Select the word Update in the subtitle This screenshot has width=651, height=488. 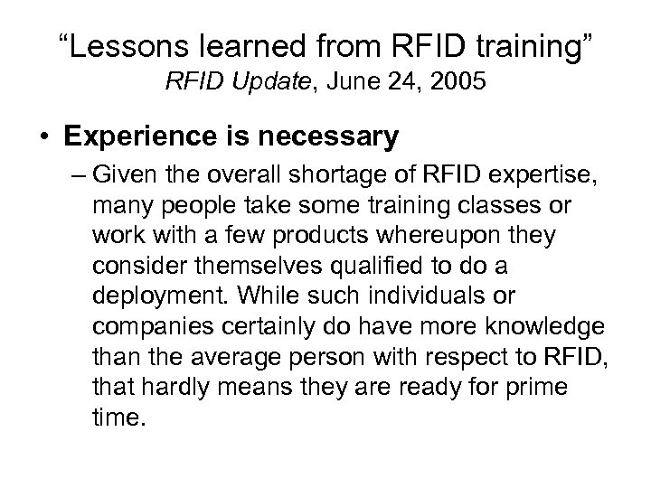(x=263, y=84)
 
